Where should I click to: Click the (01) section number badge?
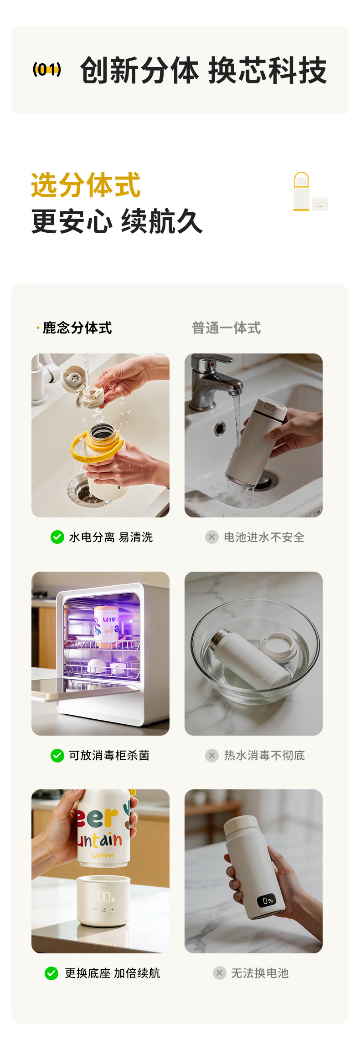pos(47,70)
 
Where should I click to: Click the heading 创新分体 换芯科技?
pos(203,71)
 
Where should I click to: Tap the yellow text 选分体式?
pos(86,185)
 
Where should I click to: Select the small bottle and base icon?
pos(310,192)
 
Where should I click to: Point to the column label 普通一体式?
pos(226,328)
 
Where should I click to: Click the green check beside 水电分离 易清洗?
pos(57,537)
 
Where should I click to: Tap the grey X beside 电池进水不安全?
pos(211,537)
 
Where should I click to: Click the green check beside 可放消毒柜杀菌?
pos(57,755)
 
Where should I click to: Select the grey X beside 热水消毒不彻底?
pos(211,755)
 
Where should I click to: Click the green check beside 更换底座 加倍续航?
pos(51,973)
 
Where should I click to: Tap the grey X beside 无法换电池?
pos(219,973)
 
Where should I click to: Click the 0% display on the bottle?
pos(267,900)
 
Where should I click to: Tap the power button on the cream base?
pos(104,910)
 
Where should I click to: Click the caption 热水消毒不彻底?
pos(265,755)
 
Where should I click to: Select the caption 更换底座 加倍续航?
pos(113,973)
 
